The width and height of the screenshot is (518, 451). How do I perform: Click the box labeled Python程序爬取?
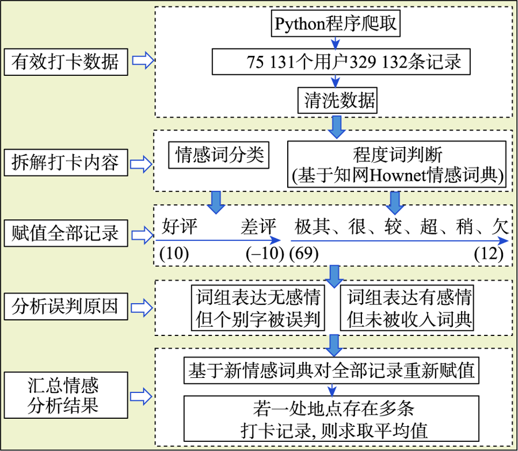[x=334, y=25]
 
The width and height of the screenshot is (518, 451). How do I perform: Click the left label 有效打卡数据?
[x=66, y=61]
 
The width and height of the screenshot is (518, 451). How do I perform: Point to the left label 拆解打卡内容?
[x=66, y=163]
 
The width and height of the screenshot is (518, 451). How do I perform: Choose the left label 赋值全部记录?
[x=66, y=234]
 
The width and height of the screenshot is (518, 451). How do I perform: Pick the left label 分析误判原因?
[x=66, y=306]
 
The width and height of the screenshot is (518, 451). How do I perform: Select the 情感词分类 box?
[x=219, y=155]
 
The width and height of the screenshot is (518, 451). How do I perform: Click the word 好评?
[x=179, y=226]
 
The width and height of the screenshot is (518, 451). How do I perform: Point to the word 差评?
[x=258, y=226]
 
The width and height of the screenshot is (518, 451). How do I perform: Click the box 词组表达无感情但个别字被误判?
[x=257, y=308]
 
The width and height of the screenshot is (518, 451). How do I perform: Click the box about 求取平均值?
[x=333, y=419]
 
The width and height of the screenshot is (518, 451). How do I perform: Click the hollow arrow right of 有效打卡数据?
[x=142, y=61]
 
